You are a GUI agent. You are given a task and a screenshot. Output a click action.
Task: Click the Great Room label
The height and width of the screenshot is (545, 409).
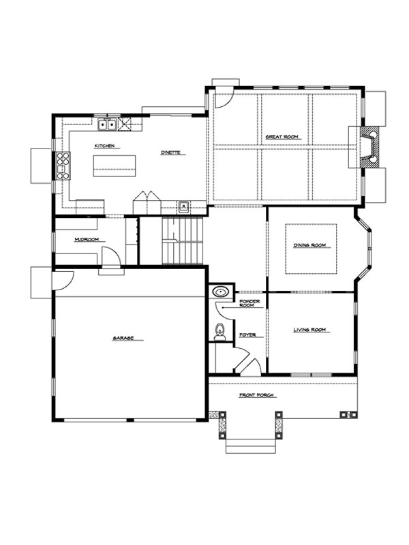click(282, 137)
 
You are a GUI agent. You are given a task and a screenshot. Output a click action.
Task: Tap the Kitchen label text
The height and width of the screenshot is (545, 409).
click(105, 146)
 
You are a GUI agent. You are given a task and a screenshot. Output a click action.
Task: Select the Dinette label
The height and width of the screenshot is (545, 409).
click(170, 153)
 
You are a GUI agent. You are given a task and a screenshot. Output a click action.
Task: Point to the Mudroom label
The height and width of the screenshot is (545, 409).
click(87, 240)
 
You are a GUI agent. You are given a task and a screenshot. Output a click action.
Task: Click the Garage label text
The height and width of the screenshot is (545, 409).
click(123, 338)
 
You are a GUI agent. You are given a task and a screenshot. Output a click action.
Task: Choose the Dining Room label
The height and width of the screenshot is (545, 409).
click(310, 245)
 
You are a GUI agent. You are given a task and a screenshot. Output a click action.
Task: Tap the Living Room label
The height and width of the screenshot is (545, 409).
click(310, 330)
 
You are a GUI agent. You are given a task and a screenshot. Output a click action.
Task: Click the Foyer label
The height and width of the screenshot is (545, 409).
click(247, 335)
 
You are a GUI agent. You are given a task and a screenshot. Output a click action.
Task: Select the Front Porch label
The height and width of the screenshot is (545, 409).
click(256, 395)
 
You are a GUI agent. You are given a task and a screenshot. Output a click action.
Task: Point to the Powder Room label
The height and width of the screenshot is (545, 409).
click(249, 303)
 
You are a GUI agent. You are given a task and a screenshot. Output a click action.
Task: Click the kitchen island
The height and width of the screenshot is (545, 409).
click(115, 166)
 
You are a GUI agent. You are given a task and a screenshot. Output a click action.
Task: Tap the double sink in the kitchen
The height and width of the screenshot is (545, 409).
click(107, 124)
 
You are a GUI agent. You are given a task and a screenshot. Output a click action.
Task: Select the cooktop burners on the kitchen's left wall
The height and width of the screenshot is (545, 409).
click(63, 166)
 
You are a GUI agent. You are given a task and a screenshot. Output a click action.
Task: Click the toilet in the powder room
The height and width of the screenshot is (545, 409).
click(219, 332)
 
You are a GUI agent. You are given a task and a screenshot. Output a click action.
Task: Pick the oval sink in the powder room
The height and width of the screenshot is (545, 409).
click(219, 292)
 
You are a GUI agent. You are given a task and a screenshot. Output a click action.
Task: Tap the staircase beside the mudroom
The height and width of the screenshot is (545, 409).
click(183, 240)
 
